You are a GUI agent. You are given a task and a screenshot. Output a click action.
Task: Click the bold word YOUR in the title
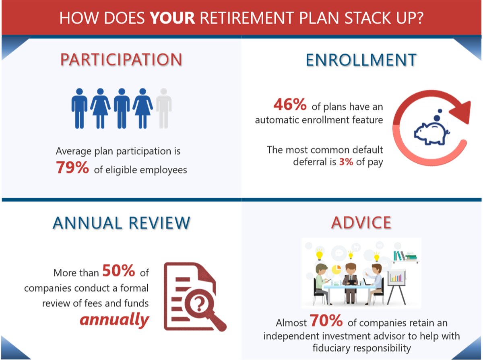coord(173,18)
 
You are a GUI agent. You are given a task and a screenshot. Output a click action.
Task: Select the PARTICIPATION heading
coord(121,60)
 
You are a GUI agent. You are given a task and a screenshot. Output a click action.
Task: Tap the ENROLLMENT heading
coord(361,60)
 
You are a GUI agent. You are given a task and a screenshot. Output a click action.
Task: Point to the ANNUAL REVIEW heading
coord(121,223)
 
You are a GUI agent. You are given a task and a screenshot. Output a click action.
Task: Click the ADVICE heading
coord(361,223)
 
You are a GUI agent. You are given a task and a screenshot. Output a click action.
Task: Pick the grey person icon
coord(163,108)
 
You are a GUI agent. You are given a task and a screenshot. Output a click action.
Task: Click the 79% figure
coord(72,168)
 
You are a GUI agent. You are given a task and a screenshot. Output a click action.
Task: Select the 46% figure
coord(290,104)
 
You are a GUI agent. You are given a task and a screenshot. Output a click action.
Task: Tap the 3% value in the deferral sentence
coord(346,162)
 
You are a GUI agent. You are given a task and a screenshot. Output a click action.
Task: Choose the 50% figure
coord(119,270)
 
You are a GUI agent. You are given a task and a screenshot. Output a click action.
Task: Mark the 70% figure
coord(326,321)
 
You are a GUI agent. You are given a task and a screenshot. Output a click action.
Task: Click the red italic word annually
coord(114,319)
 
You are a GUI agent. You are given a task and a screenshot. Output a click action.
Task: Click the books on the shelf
coord(405,255)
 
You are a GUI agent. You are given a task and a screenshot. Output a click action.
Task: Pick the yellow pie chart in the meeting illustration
coord(336,269)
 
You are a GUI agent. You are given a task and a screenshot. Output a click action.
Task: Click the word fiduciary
coord(331,348)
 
